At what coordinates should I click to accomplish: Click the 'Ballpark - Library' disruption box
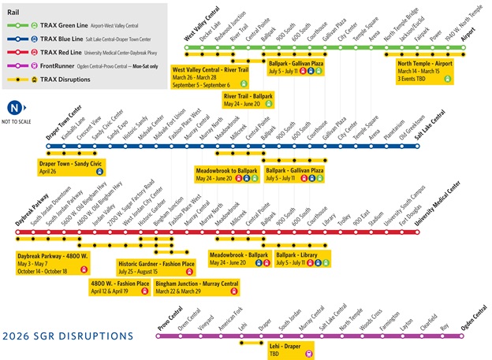pos(304,258)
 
